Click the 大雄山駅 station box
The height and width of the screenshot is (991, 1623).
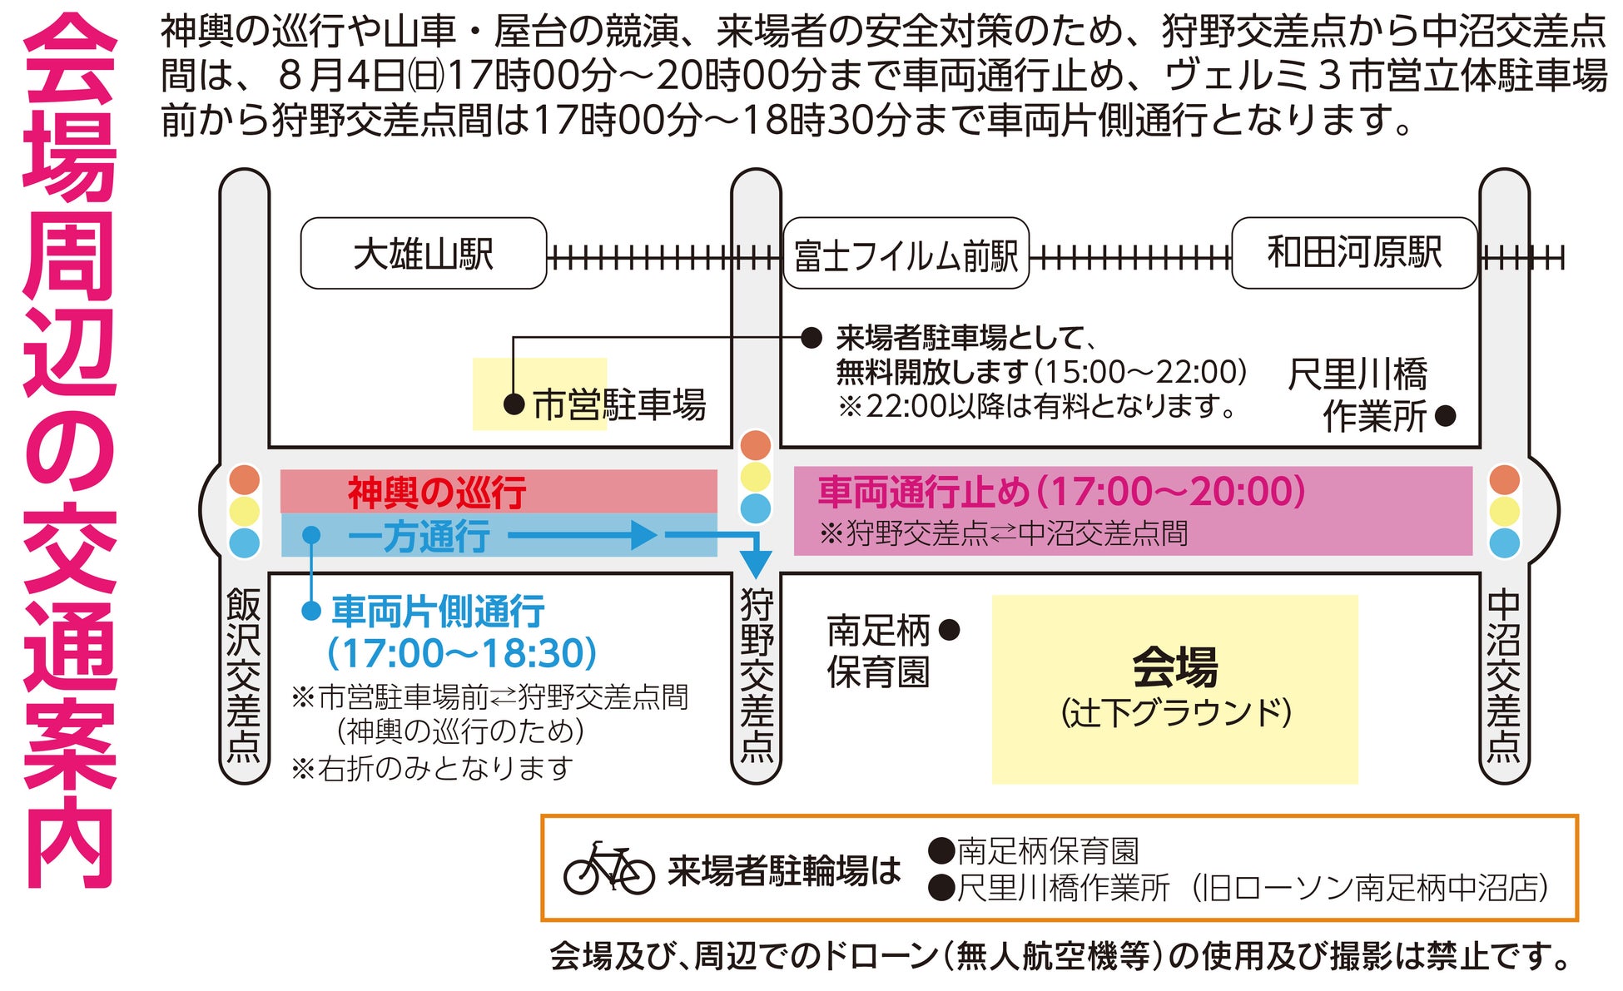pos(423,254)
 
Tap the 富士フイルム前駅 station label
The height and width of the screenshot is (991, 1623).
pos(906,255)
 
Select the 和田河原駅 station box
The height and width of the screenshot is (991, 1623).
pos(1354,253)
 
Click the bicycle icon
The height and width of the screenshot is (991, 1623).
pos(608,870)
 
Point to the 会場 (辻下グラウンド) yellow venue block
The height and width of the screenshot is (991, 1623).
pos(1174,689)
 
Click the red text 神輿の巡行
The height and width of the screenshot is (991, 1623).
pos(437,492)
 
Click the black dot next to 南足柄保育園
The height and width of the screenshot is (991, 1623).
pos(949,630)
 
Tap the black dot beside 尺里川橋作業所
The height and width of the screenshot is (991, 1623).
pos(1446,415)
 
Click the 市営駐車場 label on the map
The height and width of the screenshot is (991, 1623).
pos(619,405)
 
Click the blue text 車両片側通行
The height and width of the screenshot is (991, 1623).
pos(438,612)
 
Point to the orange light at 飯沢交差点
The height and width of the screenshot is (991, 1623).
pos(245,480)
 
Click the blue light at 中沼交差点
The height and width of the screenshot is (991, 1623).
pos(1504,543)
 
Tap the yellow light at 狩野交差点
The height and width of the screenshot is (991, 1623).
pos(756,477)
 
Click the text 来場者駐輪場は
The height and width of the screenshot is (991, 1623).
pos(784,871)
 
